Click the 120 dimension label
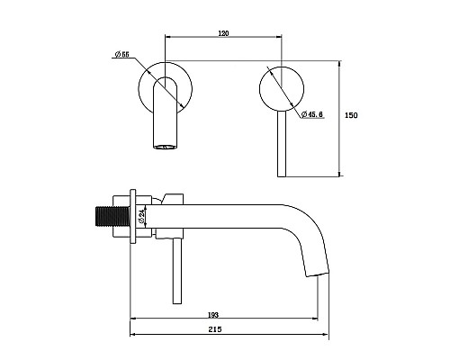(x=223, y=33)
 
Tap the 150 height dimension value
(x=351, y=115)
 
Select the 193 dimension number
(x=213, y=315)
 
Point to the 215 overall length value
(x=215, y=329)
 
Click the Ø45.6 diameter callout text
(x=312, y=114)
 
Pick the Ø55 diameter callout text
(x=121, y=54)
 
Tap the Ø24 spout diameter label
(x=142, y=216)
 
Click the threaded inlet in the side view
(x=112, y=216)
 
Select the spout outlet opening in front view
(x=165, y=147)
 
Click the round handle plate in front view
(x=282, y=88)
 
